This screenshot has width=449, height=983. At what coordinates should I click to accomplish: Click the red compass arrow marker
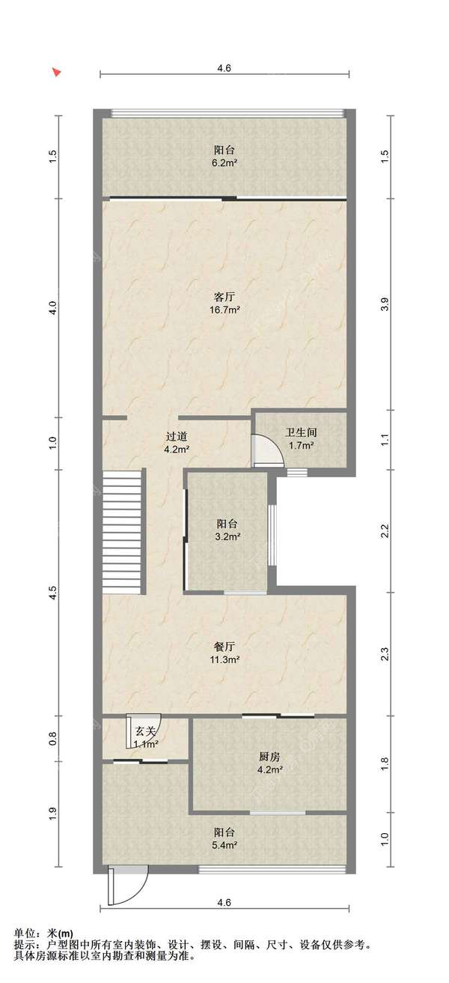pos(56,72)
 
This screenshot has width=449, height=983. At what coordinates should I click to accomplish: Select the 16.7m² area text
pos(224,309)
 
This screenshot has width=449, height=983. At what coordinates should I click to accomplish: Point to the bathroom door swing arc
pos(266,450)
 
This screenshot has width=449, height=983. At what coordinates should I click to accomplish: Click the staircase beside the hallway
pos(123,531)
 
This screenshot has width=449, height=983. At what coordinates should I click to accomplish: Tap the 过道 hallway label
pos(177,437)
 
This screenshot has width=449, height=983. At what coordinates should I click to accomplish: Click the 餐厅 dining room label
pos(224,646)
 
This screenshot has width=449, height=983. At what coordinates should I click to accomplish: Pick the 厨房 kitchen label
pos(270,756)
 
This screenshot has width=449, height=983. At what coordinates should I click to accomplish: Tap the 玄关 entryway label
pos(146,731)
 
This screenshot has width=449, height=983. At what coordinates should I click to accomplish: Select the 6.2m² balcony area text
pos(224,163)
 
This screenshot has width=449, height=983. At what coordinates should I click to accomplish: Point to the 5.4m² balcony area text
pos(224,845)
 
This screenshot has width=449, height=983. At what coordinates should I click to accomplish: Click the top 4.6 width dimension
pos(224,68)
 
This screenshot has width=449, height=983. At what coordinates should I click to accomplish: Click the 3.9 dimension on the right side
pos(385,305)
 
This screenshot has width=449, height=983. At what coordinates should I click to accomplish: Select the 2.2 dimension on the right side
pos(385,530)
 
